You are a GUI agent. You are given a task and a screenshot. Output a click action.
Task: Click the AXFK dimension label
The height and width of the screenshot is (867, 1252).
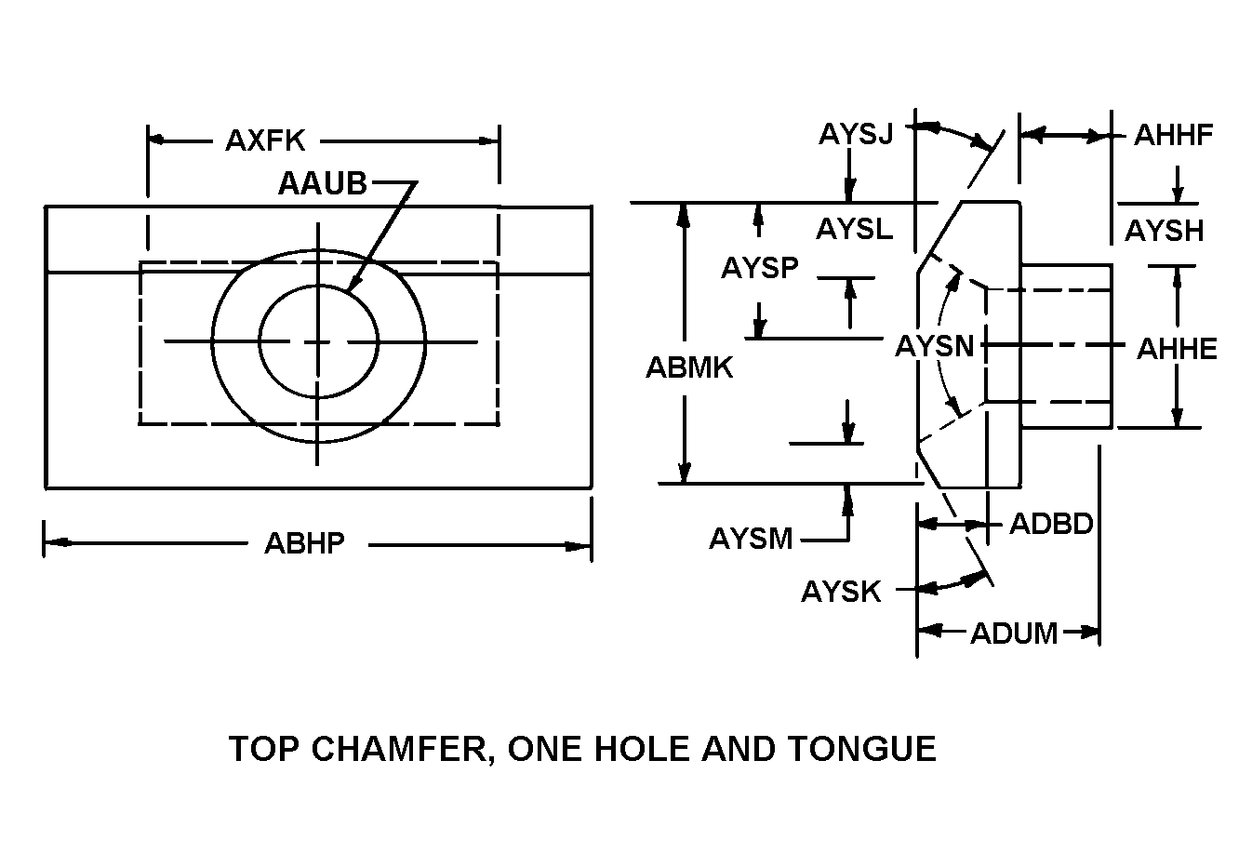(265, 140)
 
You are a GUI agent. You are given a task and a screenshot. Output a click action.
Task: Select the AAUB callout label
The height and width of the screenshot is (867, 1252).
(322, 183)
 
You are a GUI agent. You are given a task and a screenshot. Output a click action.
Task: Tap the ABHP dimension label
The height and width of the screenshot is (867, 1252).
(304, 542)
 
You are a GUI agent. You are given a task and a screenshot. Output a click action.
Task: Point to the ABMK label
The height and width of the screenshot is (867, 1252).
(689, 367)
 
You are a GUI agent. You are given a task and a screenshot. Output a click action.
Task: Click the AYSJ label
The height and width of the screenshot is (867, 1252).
(855, 134)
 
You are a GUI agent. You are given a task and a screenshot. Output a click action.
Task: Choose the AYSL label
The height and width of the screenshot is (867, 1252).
(854, 228)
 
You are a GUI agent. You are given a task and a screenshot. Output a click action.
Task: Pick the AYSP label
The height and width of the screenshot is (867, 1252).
(759, 268)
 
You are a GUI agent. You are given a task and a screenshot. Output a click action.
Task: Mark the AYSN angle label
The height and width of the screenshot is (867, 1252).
(934, 346)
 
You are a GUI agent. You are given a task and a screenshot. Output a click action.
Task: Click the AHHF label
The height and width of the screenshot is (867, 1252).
(1173, 135)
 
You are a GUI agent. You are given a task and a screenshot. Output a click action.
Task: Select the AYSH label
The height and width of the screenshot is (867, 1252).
(1164, 230)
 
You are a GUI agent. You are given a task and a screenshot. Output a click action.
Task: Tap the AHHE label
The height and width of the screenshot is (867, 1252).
(1177, 349)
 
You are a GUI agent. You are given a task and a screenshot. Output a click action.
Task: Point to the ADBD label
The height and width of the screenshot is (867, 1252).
(1050, 524)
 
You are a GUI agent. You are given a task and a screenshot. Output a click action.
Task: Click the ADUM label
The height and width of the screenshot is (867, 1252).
(1014, 634)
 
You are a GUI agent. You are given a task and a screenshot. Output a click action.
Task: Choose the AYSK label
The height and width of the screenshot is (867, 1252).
(840, 592)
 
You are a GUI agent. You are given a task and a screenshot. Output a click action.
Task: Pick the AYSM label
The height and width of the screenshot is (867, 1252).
(751, 538)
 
